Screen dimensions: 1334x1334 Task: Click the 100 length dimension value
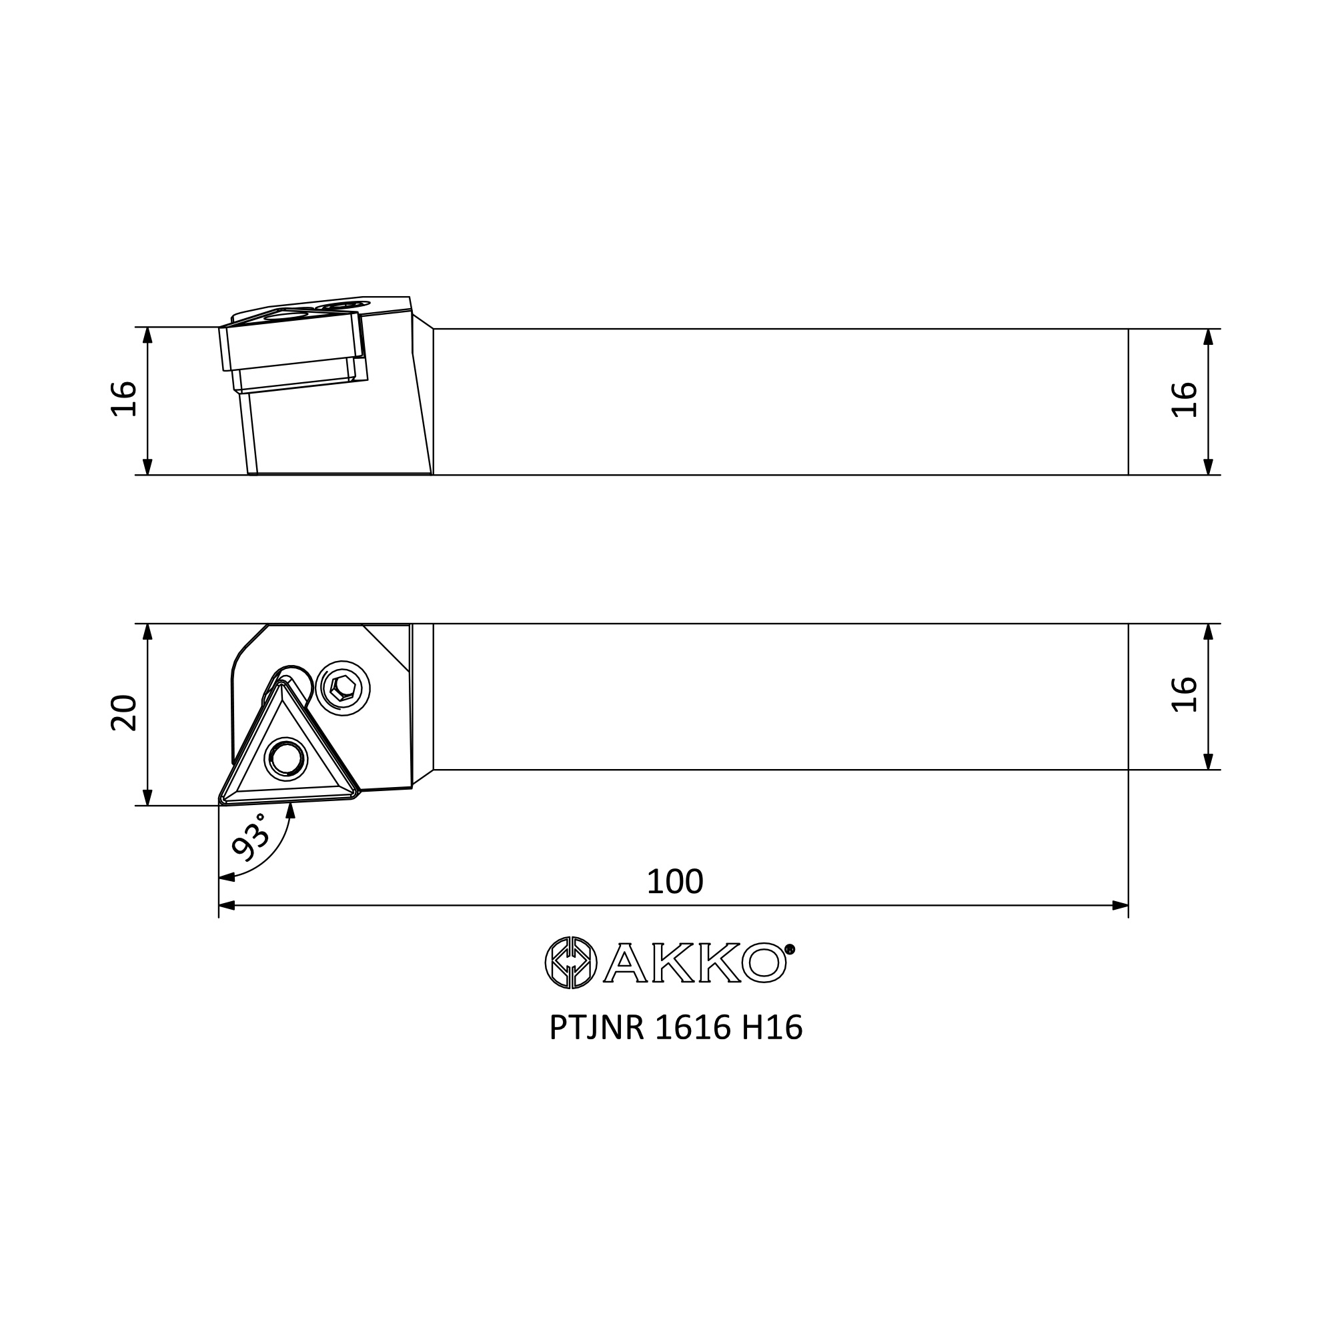[674, 882]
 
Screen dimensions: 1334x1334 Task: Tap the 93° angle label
[250, 837]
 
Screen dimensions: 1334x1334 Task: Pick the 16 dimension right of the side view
[1185, 400]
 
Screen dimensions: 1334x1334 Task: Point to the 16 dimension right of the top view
[1185, 694]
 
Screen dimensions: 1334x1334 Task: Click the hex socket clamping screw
[342, 688]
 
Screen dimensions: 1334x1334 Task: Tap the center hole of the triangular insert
[286, 760]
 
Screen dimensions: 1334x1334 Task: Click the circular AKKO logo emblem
[570, 962]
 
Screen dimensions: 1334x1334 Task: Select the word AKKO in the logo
[694, 962]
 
